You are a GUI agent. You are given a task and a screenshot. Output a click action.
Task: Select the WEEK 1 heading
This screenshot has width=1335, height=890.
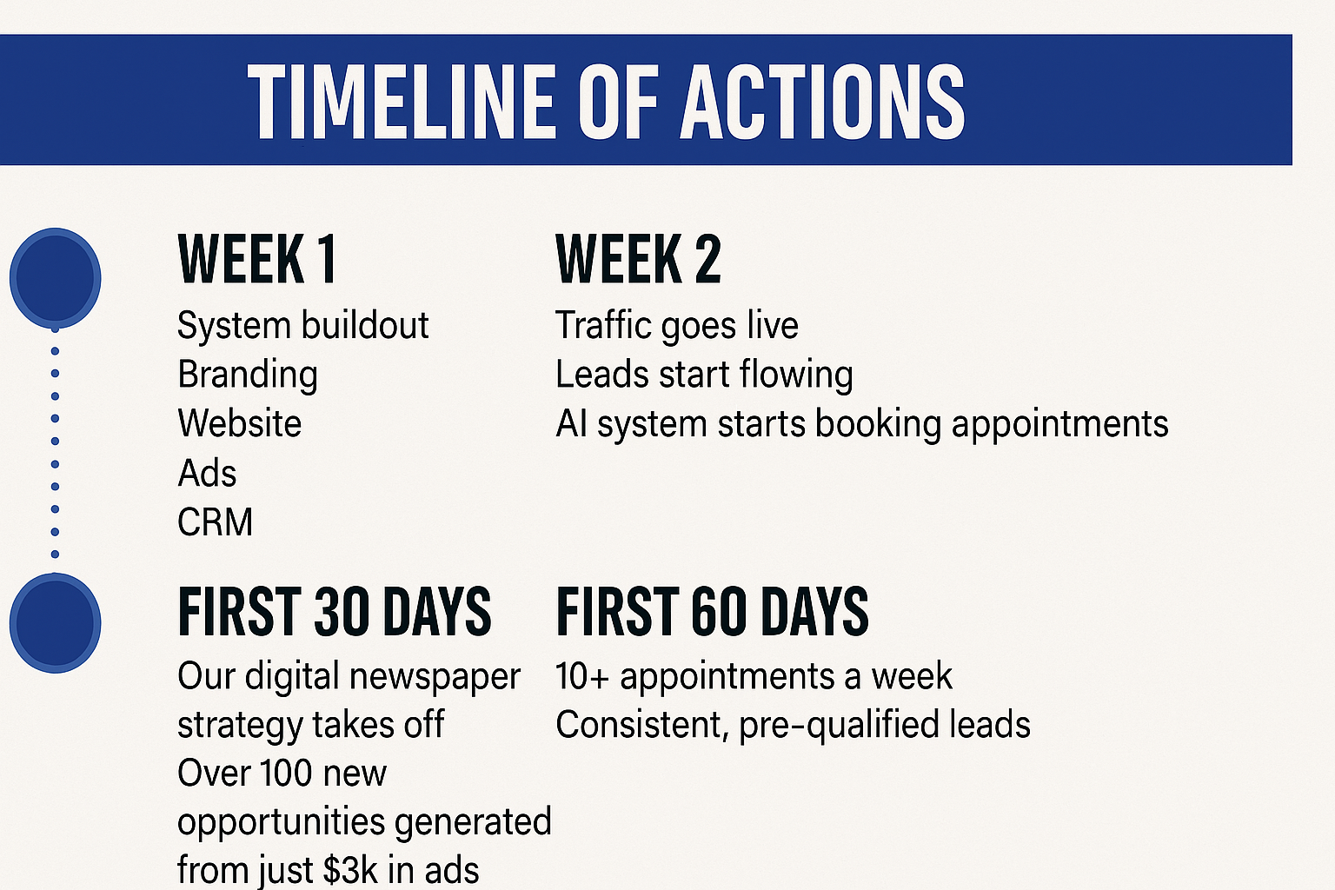(x=257, y=259)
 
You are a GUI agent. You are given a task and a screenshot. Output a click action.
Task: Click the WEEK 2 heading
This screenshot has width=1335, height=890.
(x=638, y=259)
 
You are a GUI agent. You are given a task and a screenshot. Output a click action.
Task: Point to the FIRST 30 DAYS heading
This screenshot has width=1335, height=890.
(x=335, y=611)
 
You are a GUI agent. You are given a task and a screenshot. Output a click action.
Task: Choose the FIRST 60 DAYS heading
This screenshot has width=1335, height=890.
(x=712, y=611)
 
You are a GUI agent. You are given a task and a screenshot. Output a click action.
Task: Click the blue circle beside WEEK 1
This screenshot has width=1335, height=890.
(x=56, y=278)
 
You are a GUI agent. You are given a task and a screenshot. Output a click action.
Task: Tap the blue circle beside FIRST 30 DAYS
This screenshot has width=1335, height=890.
(x=56, y=623)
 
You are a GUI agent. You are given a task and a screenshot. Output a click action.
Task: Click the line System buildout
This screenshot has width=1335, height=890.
(x=302, y=325)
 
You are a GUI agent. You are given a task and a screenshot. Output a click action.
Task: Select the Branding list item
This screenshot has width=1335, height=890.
(x=248, y=375)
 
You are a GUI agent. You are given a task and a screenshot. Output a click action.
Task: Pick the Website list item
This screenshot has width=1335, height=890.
(x=240, y=423)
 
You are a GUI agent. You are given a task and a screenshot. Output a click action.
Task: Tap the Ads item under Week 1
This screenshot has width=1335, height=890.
(x=207, y=474)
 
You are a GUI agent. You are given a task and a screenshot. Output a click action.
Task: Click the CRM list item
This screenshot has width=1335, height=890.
(x=216, y=522)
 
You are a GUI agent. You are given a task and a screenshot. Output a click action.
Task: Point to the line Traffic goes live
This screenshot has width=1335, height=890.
(x=677, y=327)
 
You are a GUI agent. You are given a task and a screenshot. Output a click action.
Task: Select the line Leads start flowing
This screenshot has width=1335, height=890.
(x=705, y=375)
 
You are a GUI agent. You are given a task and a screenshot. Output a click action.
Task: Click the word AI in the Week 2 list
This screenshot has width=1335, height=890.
(x=571, y=424)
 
